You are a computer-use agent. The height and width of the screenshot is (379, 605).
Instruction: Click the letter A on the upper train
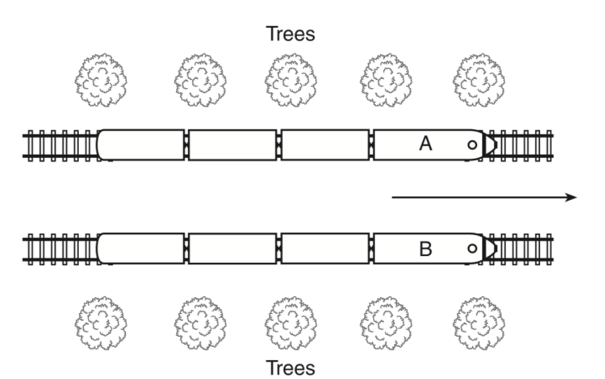[425, 144]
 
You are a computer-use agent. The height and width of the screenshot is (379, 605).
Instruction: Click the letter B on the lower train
[425, 249]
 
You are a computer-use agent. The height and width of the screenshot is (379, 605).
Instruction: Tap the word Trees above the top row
[291, 34]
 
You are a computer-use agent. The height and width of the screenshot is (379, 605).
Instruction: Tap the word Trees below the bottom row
[291, 368]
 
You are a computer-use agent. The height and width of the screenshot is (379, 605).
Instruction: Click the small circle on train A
[472, 145]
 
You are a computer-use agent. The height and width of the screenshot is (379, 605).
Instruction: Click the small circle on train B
[472, 248]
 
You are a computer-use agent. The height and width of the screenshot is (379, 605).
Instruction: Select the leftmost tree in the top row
[101, 80]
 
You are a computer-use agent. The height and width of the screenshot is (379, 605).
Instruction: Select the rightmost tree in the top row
[479, 80]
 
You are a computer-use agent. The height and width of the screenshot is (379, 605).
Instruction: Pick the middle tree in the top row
[291, 80]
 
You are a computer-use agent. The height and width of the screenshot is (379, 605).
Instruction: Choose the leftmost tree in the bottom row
[101, 323]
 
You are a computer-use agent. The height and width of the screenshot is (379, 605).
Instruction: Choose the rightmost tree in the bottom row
[479, 323]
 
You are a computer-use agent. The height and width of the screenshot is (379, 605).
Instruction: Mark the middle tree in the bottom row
[291, 323]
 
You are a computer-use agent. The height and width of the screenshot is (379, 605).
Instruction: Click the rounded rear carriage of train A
[141, 145]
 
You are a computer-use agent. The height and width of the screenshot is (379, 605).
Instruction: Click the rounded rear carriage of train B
[141, 248]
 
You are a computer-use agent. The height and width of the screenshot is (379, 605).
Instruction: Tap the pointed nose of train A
[490, 145]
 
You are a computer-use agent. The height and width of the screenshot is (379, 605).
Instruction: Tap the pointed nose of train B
[490, 248]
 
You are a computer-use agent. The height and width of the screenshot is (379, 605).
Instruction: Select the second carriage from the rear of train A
[232, 145]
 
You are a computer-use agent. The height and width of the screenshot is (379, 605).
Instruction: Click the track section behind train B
[61, 249]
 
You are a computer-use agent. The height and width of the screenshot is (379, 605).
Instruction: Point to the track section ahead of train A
[525, 145]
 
